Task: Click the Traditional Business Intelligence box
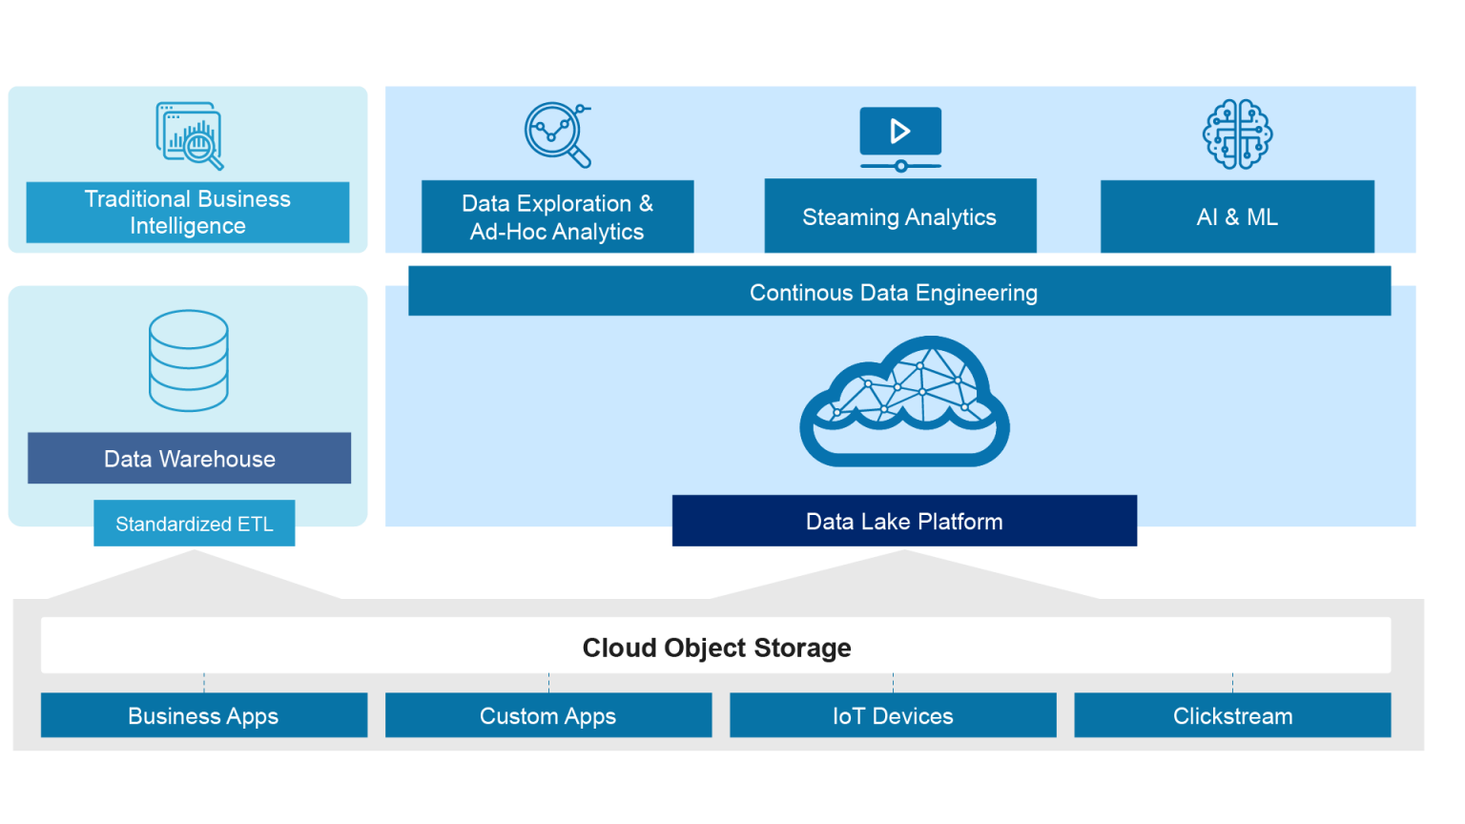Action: coord(187,212)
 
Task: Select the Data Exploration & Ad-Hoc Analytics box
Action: coord(557,216)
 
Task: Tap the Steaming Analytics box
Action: coord(899,216)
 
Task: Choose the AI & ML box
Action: coord(1237,216)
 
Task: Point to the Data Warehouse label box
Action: coord(189,459)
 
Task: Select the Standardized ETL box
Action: coord(195,524)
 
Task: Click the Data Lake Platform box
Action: coord(904,521)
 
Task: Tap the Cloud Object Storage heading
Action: coord(715,647)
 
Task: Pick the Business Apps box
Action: coord(203,715)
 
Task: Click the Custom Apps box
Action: coord(547,715)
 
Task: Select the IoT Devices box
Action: coord(893,715)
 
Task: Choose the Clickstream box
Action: coord(1232,715)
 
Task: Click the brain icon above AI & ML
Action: coord(1237,134)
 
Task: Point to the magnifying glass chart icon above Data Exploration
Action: coord(558,134)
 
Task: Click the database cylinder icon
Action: coord(189,360)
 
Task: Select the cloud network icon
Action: coord(904,401)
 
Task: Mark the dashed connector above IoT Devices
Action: coord(893,682)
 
